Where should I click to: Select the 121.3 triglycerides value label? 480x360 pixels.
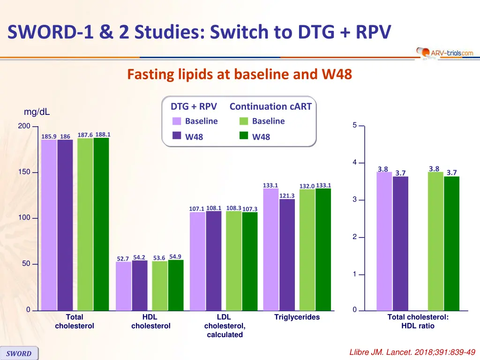coord(286,195)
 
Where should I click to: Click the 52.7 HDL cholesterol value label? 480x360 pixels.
coord(123,259)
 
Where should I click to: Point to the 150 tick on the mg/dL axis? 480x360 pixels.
coord(24,172)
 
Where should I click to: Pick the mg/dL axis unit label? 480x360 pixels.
coord(37,112)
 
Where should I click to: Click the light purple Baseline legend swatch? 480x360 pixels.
coord(177,121)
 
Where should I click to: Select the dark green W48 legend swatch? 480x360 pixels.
coord(244,136)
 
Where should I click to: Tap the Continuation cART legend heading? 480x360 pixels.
coord(270,106)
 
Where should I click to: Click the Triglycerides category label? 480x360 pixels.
coord(297,317)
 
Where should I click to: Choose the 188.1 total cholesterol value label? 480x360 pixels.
coord(103,135)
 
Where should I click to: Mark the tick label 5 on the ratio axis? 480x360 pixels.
coord(355,125)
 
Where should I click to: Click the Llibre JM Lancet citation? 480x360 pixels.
coord(412,352)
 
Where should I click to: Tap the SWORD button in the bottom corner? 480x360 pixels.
coord(19,353)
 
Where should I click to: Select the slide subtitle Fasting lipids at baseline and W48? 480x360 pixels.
coord(240,75)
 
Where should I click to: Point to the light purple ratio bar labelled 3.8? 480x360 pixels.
coord(384,241)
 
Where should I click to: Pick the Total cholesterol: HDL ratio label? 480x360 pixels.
coord(418,321)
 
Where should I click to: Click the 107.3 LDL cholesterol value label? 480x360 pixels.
coord(250,209)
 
